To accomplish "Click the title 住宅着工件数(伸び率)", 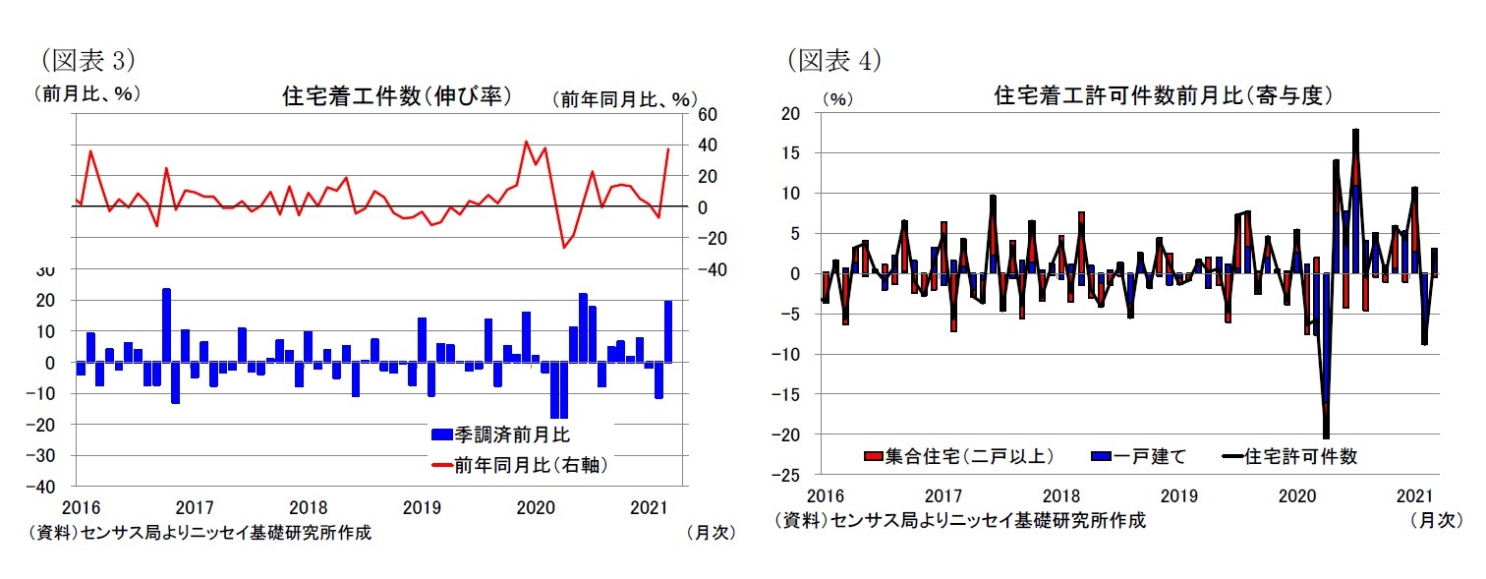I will [396, 96].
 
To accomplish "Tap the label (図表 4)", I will [833, 61].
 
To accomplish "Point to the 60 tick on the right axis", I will [708, 114].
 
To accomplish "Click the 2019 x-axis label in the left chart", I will [422, 507].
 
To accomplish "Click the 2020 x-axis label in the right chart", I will [1296, 495].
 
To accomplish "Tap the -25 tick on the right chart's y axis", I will [789, 475].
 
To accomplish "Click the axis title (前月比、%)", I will [86, 95].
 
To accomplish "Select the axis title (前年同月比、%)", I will [624, 99].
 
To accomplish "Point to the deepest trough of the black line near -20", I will [1326, 436].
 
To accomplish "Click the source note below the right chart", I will [959, 520].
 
